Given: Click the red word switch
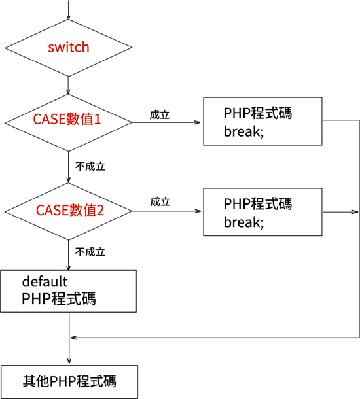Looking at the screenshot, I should point(69,48).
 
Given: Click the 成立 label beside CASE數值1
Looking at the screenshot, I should point(160,114).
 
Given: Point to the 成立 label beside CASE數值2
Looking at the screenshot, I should point(160,202).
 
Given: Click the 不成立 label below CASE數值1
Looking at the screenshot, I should point(90,166).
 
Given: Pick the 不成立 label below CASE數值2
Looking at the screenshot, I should point(90,252).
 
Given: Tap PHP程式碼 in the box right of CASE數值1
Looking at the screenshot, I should point(257,113).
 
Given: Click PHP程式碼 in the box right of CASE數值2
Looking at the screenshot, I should point(257,203).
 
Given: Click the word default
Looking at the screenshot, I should point(45,282).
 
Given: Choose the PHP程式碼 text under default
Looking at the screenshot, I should point(58,300).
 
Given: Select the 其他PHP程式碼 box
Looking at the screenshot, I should point(69,381).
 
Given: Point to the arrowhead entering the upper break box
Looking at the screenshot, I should point(199,122).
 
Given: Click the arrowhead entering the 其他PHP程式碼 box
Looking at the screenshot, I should point(69,362).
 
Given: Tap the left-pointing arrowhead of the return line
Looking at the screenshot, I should point(73,338).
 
